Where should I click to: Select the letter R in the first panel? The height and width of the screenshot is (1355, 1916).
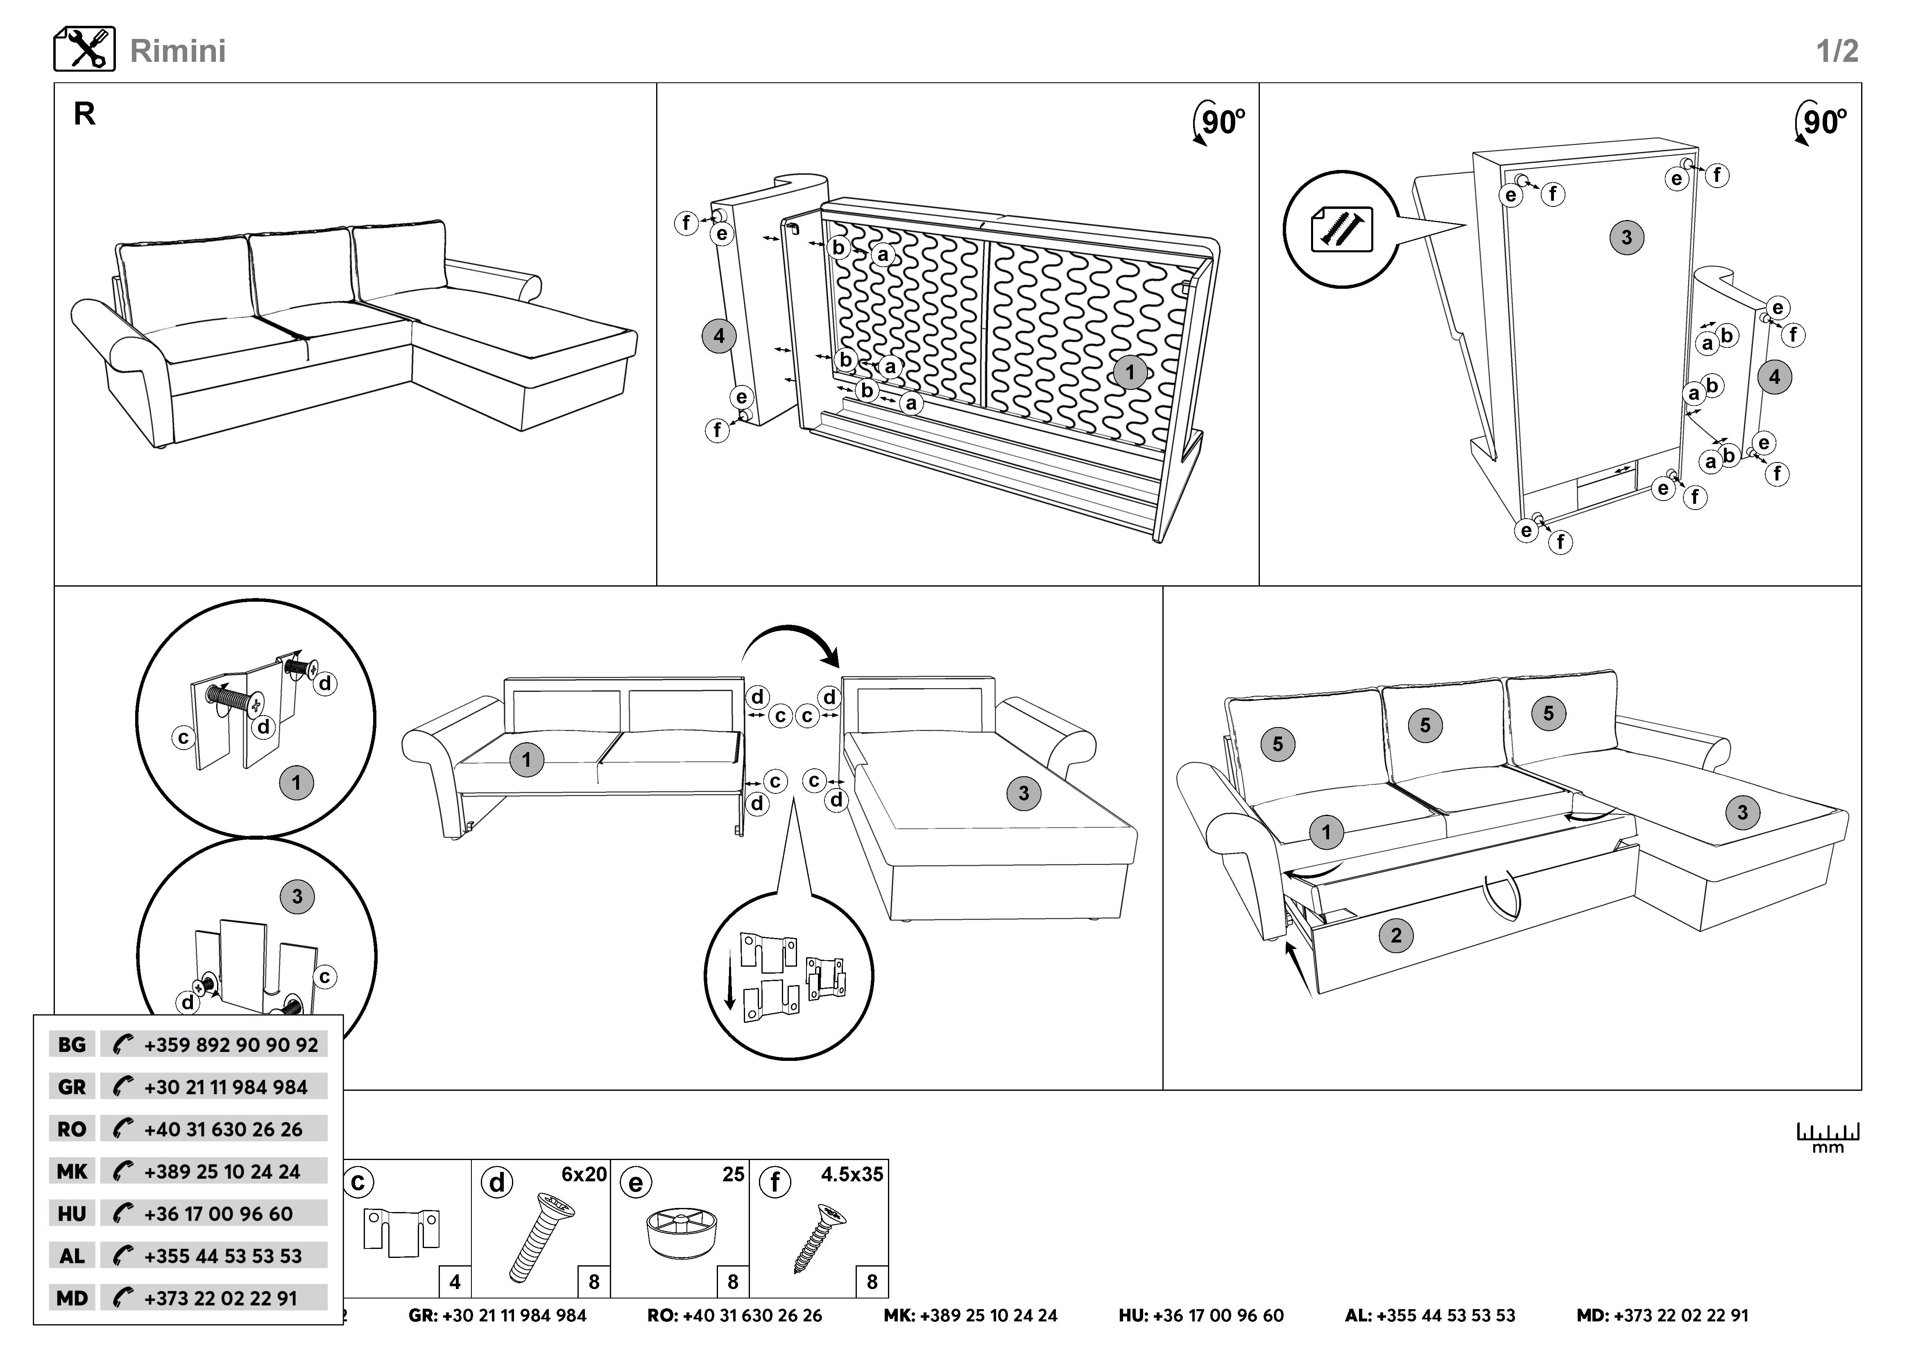click(x=84, y=114)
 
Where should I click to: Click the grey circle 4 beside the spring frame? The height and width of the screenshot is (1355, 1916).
click(x=718, y=337)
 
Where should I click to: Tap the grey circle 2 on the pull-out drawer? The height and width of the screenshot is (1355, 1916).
click(x=1396, y=935)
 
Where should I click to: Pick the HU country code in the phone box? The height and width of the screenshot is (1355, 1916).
click(x=72, y=1214)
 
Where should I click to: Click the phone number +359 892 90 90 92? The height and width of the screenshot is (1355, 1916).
click(x=230, y=1045)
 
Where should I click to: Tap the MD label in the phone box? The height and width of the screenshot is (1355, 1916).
click(x=72, y=1298)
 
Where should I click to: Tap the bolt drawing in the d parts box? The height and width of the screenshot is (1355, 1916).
click(x=538, y=1237)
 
